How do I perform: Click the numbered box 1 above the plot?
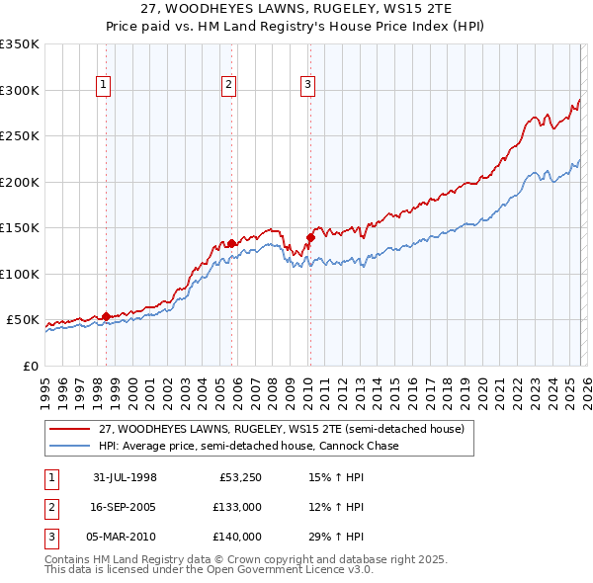[x=105, y=86]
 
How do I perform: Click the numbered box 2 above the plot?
[x=229, y=86]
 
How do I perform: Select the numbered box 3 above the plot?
[x=307, y=86]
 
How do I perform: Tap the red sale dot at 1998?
[x=106, y=316]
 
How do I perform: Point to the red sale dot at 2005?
[x=231, y=243]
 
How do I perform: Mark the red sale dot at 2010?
[x=309, y=236]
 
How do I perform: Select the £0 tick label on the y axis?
[x=30, y=366]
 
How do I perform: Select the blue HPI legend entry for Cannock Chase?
[x=248, y=447]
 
